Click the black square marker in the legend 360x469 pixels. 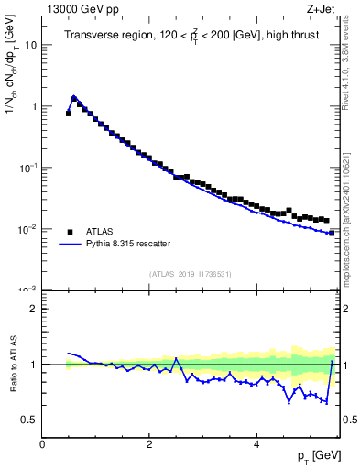[x=69, y=231]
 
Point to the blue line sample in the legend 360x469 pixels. [x=69, y=244]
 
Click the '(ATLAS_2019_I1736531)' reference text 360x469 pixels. [x=190, y=274]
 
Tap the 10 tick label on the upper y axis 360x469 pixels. [x=30, y=45]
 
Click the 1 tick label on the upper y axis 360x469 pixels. [x=33, y=106]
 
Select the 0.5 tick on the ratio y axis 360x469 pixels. [x=29, y=420]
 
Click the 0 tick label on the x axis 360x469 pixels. [x=42, y=443]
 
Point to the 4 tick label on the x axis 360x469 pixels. [x=256, y=443]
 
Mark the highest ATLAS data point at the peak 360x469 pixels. [x=74, y=98]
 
